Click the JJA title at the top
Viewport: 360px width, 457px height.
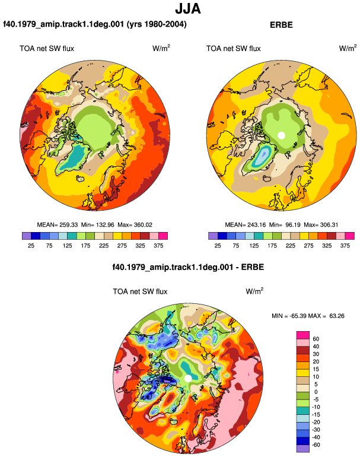tap(188, 9)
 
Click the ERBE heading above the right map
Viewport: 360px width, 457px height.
tap(281, 25)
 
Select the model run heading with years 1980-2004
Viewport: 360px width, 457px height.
tap(95, 24)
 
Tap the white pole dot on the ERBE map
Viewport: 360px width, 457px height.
tap(281, 135)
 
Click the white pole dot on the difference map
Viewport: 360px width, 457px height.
tap(188, 378)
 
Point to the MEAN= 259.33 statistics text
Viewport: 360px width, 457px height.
tap(58, 225)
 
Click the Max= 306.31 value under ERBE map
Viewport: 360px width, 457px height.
tap(321, 225)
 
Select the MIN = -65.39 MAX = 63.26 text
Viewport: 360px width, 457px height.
tap(308, 316)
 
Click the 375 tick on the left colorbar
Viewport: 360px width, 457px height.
tap(158, 246)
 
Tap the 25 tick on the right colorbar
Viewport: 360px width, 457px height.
tap(218, 246)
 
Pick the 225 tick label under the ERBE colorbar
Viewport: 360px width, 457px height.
tap(291, 246)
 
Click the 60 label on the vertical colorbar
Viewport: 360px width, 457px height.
tap(316, 339)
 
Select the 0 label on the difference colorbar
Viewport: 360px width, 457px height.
tap(316, 392)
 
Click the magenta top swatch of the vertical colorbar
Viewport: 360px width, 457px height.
tap(303, 335)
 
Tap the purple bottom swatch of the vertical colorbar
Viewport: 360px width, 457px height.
tap(303, 449)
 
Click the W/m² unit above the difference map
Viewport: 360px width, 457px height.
tap(254, 291)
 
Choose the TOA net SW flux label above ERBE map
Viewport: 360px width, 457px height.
tap(233, 49)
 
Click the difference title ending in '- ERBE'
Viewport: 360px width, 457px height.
tap(188, 267)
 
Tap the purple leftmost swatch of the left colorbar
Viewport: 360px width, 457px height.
tap(27, 236)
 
